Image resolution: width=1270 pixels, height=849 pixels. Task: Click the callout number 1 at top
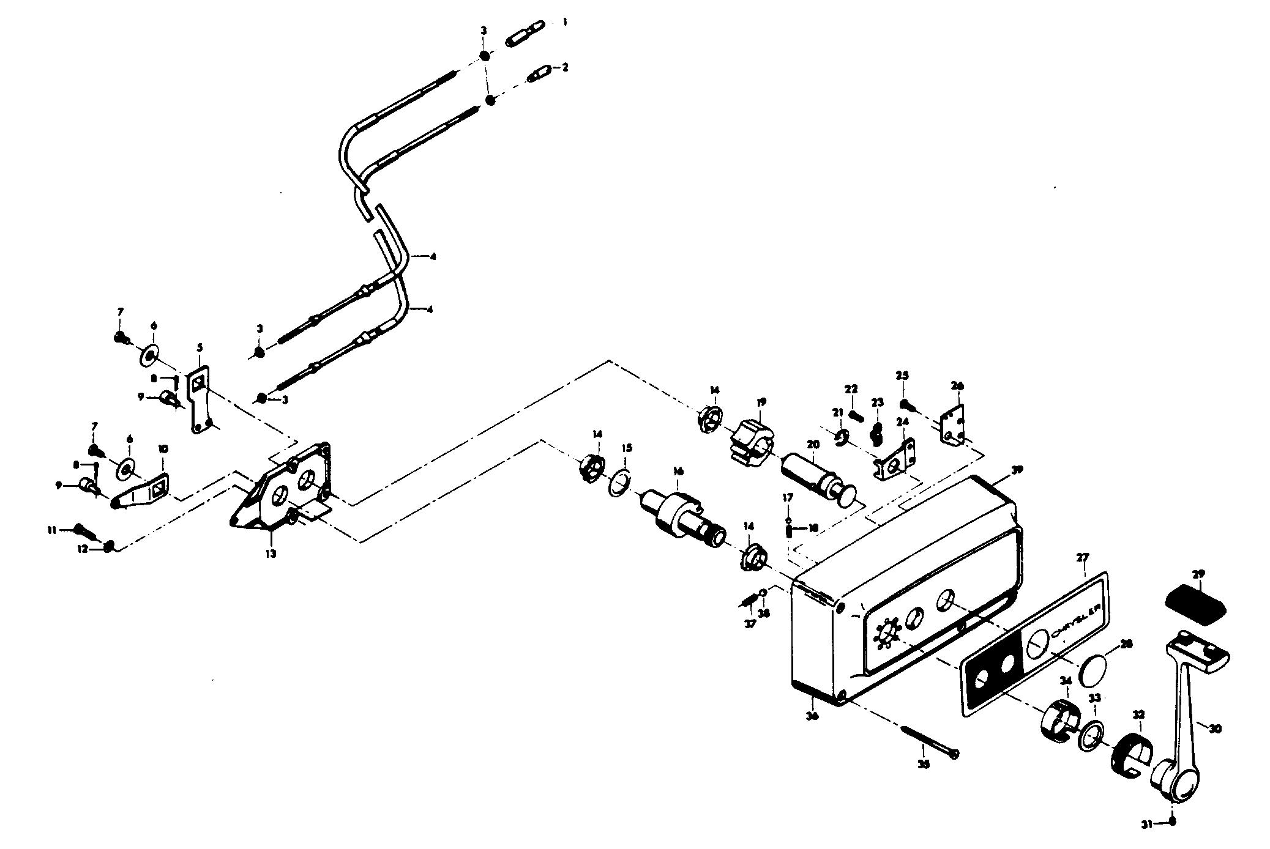pos(565,21)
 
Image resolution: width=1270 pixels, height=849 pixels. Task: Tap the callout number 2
pos(565,67)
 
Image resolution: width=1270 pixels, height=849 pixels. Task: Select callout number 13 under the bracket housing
pos(271,554)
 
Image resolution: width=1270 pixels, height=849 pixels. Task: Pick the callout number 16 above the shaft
pos(678,471)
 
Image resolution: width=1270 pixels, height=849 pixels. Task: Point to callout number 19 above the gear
pos(761,402)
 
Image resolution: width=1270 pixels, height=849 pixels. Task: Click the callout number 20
pos(812,445)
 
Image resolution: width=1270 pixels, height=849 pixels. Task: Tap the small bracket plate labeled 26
pos(952,424)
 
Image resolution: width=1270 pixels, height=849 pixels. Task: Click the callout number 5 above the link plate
pos(200,347)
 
